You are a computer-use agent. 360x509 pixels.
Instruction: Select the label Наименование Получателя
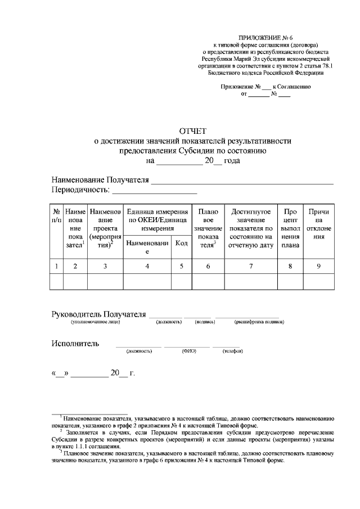[x=100, y=180]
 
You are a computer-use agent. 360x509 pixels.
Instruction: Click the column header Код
[x=181, y=243]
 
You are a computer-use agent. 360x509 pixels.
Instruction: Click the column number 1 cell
[x=56, y=266]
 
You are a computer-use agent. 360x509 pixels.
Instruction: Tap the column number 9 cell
[x=318, y=266]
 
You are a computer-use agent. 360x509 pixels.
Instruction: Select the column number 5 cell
[x=181, y=266]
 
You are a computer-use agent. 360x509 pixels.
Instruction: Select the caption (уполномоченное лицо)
[x=95, y=322]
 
